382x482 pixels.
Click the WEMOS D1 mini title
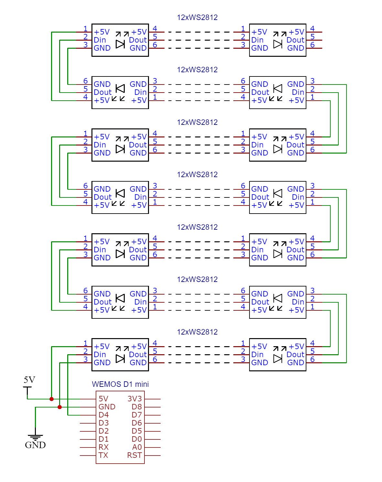click(120, 384)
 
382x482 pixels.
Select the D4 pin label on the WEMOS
click(103, 415)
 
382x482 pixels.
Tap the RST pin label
click(134, 455)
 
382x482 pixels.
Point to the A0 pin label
click(137, 447)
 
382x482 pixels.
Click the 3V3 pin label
click(134, 399)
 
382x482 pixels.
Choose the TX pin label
click(103, 455)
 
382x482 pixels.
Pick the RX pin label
click(103, 447)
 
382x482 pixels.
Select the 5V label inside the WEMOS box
click(103, 399)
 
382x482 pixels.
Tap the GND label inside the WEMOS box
click(107, 407)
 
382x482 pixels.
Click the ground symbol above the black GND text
click(35, 437)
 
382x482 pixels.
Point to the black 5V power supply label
click(29, 380)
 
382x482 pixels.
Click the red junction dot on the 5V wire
click(51, 399)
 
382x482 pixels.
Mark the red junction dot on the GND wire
click(59, 407)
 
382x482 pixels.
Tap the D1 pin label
click(103, 439)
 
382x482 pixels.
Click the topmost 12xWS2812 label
click(197, 17)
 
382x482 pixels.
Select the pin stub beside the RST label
click(153, 456)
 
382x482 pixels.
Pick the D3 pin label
click(103, 423)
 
